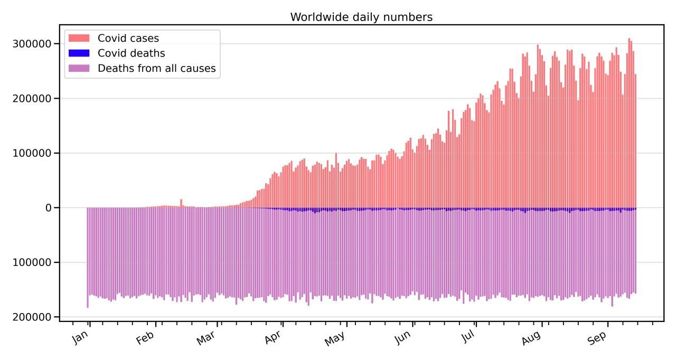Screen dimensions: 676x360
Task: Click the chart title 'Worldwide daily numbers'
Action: click(361, 17)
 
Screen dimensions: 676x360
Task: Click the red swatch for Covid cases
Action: click(79, 38)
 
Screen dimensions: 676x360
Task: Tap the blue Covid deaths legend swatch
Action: click(79, 53)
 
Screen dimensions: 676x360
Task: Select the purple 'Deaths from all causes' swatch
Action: click(79, 68)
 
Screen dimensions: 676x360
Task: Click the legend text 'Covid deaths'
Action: click(132, 53)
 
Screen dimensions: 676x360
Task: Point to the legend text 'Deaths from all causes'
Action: click(157, 69)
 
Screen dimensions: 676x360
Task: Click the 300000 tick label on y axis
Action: click(32, 44)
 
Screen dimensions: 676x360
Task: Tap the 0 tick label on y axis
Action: click(48, 208)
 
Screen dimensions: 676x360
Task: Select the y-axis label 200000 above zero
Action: click(32, 99)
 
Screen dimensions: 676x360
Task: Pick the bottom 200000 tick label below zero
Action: click(32, 317)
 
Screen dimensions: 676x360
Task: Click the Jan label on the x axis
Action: click(80, 337)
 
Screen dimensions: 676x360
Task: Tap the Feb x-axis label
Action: click(145, 338)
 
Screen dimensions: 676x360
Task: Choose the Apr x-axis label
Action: click(273, 337)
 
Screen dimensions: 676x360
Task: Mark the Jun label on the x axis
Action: click(402, 337)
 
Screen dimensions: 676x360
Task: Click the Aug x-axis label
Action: click(531, 338)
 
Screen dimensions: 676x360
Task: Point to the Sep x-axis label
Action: click(597, 338)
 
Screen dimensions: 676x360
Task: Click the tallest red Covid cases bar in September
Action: click(629, 123)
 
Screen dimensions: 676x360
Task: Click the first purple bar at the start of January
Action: click(88, 258)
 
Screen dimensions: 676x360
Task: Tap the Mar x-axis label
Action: click(206, 338)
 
